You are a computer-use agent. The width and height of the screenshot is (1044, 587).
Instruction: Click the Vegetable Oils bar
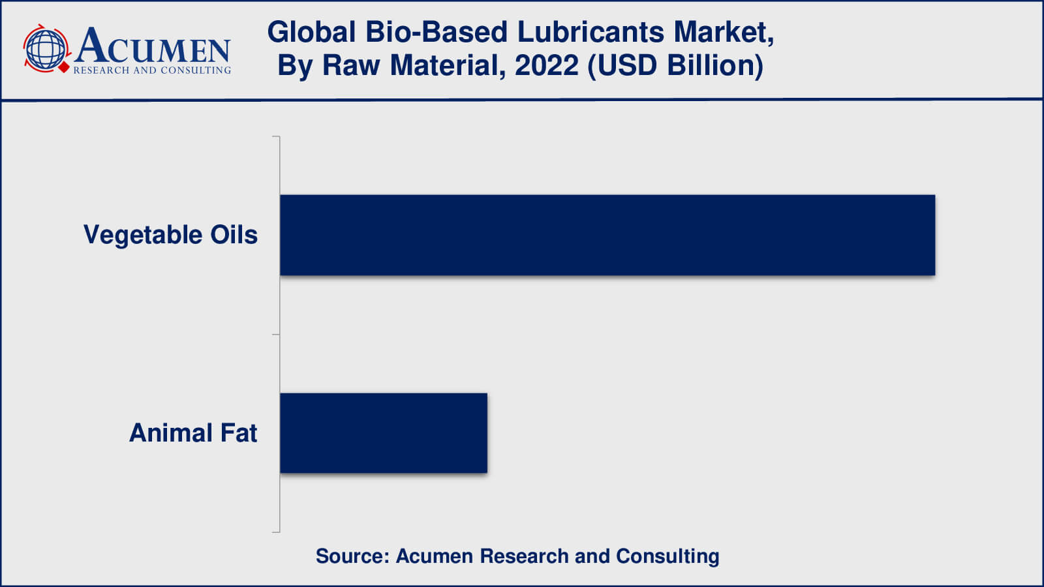click(607, 235)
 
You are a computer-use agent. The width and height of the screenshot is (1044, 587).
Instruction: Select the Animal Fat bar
click(384, 433)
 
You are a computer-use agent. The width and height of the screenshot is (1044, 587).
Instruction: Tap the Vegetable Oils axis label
click(170, 235)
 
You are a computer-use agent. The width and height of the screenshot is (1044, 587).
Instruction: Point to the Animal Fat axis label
click(193, 433)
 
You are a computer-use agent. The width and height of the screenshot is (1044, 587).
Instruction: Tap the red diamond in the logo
click(64, 68)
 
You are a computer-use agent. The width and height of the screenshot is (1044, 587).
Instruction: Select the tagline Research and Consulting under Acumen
click(153, 70)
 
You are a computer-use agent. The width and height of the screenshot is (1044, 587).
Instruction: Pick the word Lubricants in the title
click(591, 33)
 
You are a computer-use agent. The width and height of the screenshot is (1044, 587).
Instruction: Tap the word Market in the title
click(724, 33)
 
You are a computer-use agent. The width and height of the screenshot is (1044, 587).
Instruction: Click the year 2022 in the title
click(547, 65)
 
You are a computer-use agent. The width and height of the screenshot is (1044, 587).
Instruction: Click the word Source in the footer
click(353, 556)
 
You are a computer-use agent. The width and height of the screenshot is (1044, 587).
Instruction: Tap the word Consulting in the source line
click(668, 557)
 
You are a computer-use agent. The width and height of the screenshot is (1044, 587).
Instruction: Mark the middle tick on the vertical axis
click(276, 335)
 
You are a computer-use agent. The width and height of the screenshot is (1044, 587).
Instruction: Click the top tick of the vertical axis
click(276, 136)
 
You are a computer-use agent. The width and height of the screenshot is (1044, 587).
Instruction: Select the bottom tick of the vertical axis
click(276, 532)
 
